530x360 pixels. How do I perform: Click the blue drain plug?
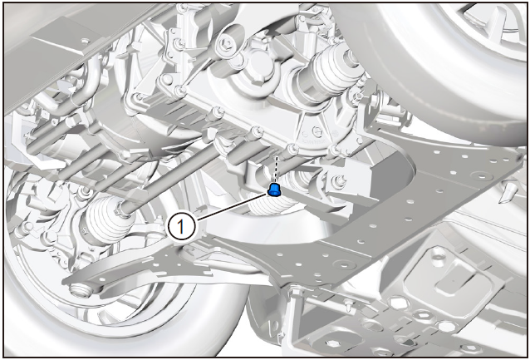(x=274, y=190)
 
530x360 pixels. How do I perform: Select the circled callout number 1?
(x=181, y=227)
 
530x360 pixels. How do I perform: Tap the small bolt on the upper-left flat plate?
(x=86, y=42)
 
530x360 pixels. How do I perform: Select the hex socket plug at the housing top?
(x=226, y=44)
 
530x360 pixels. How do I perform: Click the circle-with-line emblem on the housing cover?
(x=317, y=131)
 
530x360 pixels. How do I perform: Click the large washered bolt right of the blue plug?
(x=338, y=182)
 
